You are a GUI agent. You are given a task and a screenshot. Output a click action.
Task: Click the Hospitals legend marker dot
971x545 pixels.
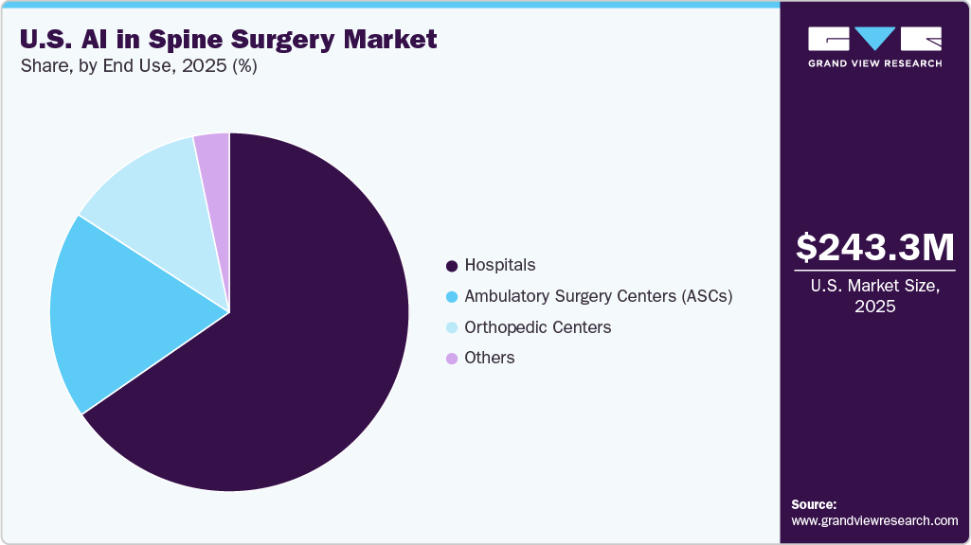tap(452, 266)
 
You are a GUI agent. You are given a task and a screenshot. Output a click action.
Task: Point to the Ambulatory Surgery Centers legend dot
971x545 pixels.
tap(452, 297)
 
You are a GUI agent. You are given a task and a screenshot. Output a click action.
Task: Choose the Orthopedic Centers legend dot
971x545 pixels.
tap(452, 327)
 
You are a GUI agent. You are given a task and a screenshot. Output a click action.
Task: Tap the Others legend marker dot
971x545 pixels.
tap(452, 359)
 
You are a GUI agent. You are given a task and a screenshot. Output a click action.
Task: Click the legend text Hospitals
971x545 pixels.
tap(499, 266)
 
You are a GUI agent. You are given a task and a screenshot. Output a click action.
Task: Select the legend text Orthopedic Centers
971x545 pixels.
tap(537, 327)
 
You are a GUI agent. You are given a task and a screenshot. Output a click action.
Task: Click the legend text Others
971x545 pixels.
tap(489, 359)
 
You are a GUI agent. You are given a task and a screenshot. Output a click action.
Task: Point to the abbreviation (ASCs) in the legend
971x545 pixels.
tap(706, 297)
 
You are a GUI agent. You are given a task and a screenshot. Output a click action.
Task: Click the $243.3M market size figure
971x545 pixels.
tap(874, 248)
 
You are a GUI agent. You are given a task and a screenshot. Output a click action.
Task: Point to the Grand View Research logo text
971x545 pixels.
tap(874, 63)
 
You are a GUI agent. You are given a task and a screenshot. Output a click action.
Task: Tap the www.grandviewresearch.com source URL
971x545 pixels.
tap(874, 520)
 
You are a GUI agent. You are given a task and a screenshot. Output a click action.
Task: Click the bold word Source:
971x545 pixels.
tap(814, 504)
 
